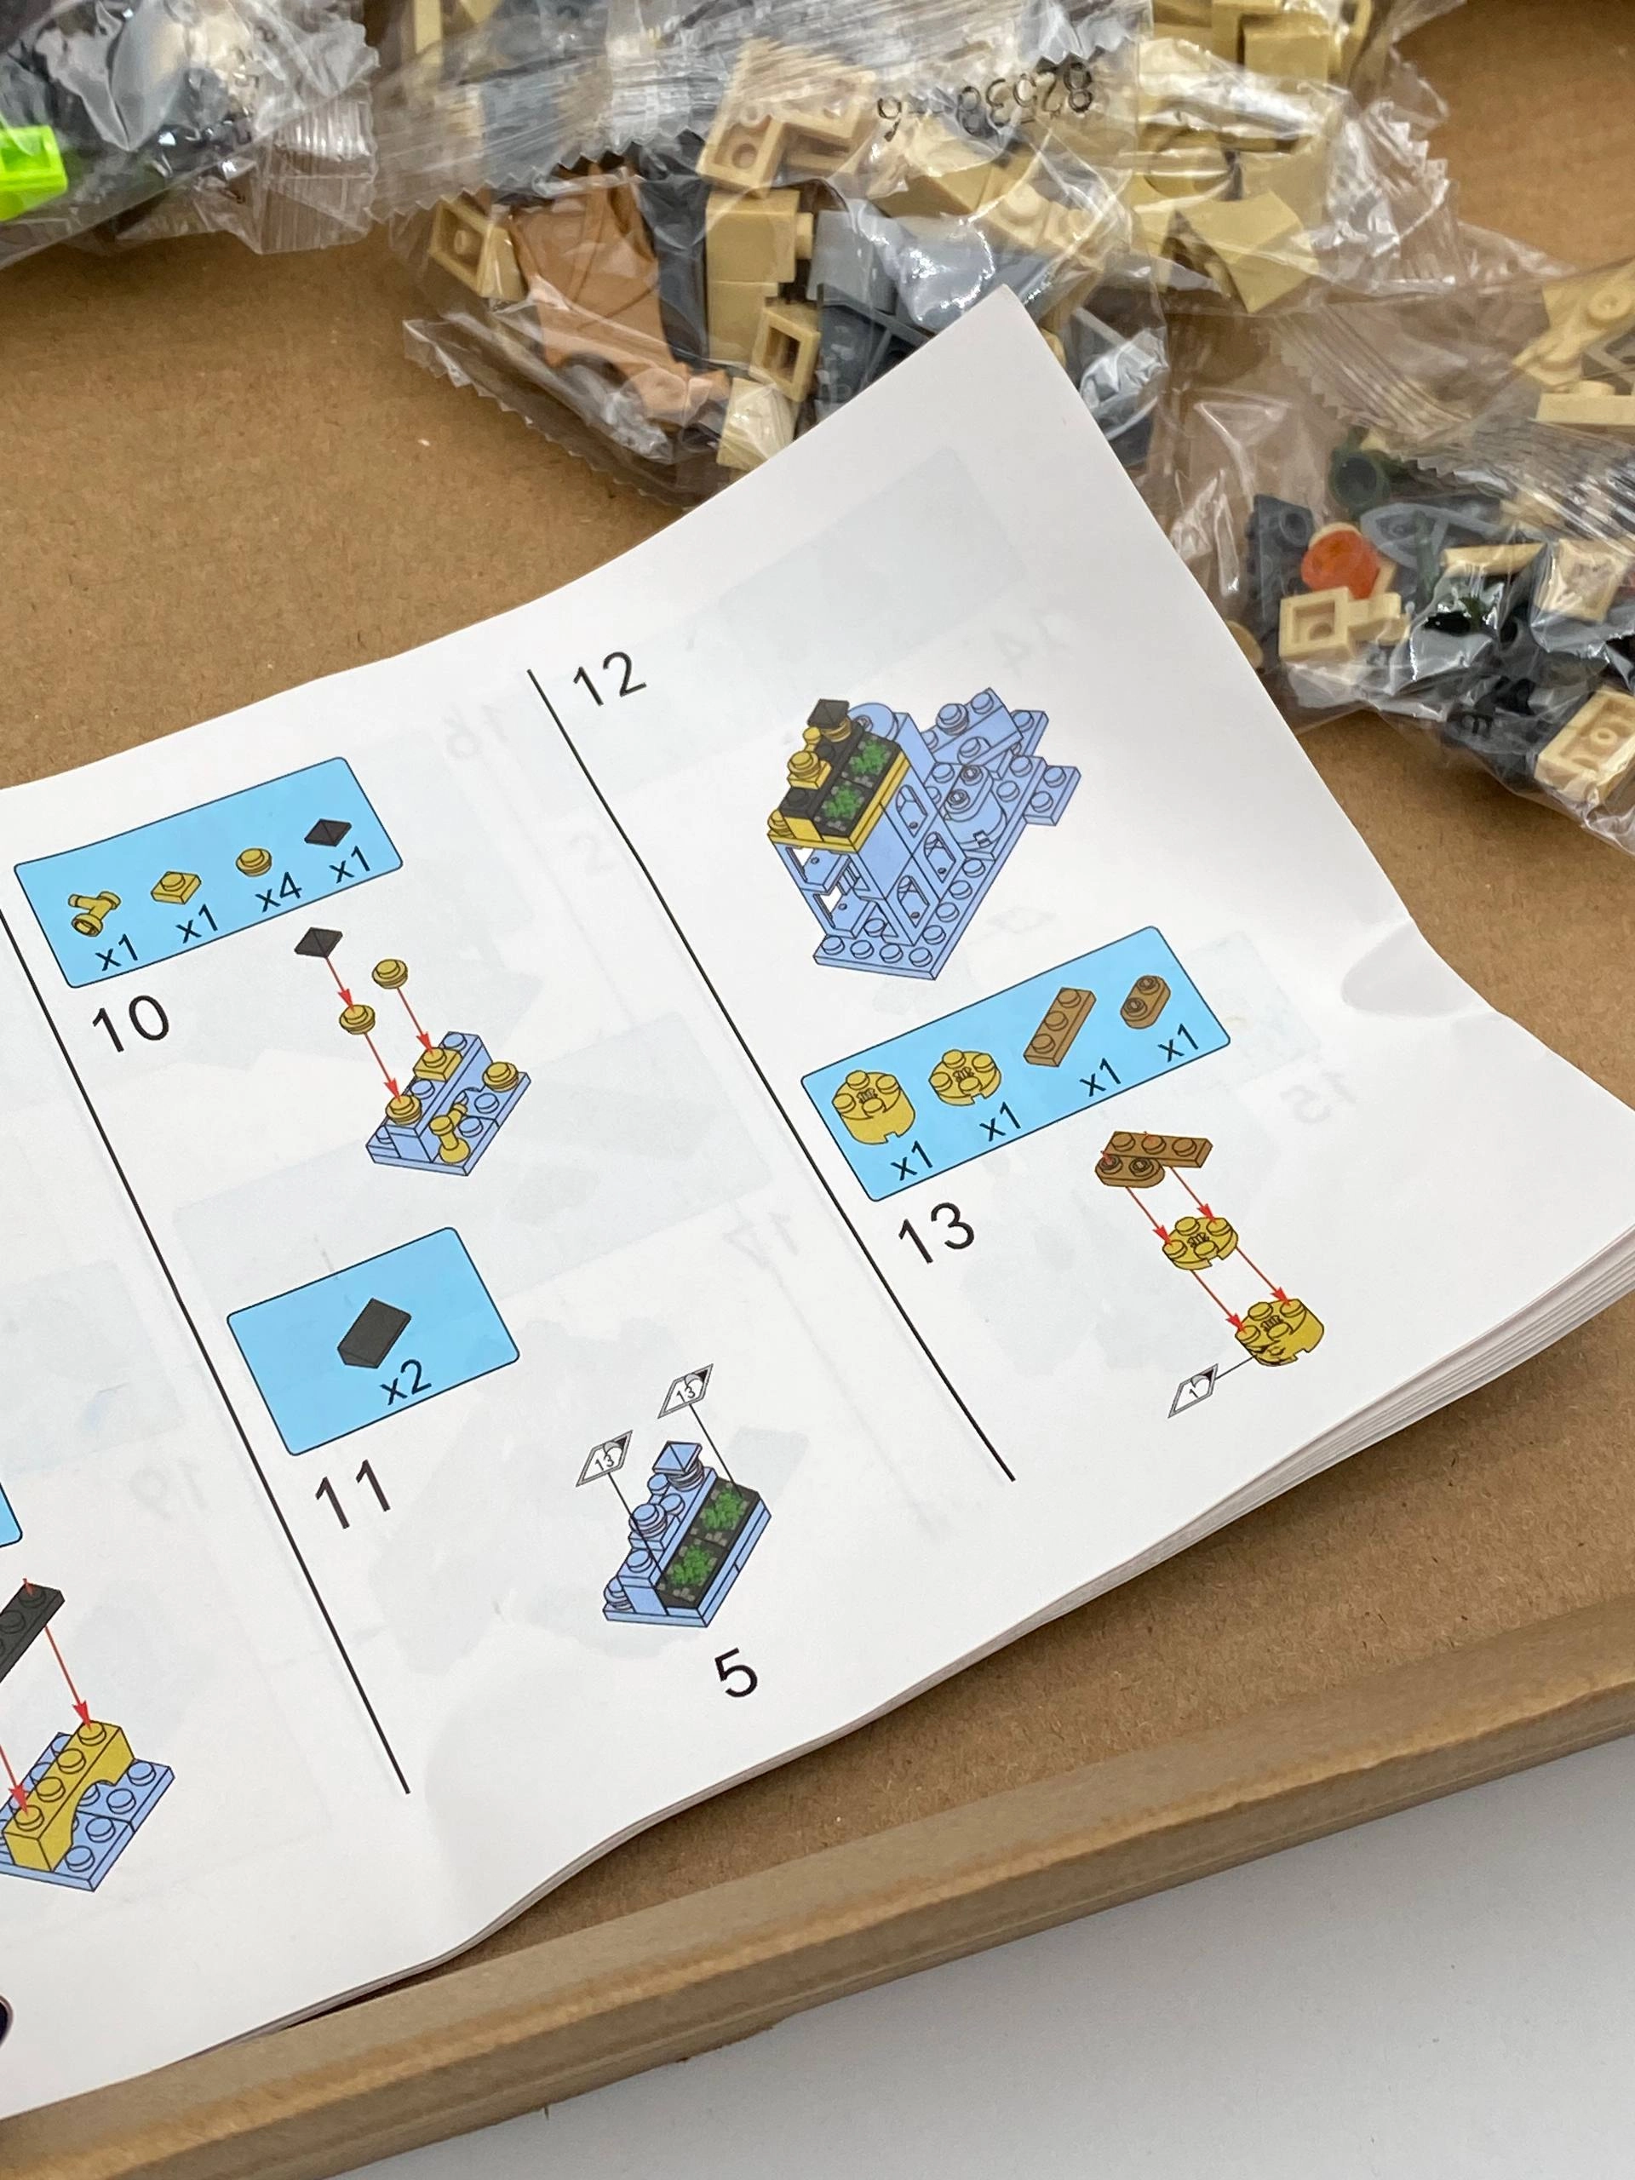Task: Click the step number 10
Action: coord(130,1019)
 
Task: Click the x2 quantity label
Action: coord(407,1374)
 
